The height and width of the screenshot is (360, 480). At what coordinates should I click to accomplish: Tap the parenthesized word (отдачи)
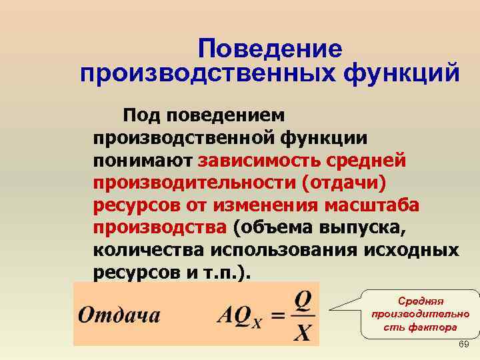[x=343, y=183]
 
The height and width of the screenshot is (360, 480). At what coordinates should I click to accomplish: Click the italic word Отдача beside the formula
[x=119, y=314]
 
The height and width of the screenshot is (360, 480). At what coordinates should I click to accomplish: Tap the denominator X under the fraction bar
[x=302, y=331]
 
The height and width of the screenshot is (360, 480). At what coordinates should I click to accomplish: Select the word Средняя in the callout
[x=420, y=301]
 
